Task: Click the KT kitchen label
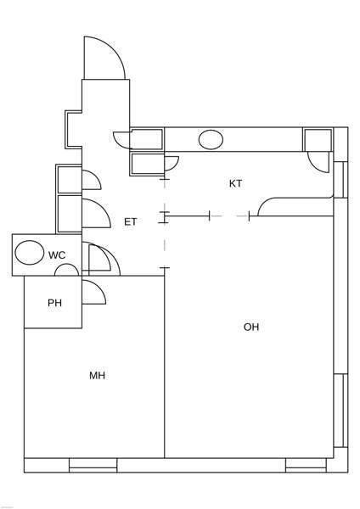[235, 184]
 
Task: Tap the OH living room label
[251, 327]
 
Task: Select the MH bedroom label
[97, 376]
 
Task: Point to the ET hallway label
[131, 221]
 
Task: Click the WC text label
[57, 255]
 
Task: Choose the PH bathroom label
[54, 303]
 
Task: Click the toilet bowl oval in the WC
[30, 253]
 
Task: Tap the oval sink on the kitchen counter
[211, 140]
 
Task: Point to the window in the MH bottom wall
[93, 465]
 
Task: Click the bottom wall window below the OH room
[306, 465]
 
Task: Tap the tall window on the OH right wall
[340, 411]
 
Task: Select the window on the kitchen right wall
[340, 180]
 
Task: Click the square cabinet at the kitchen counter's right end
[318, 140]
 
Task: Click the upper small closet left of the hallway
[69, 179]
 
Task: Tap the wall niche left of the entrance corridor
[73, 130]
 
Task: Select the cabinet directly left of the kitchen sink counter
[147, 139]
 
